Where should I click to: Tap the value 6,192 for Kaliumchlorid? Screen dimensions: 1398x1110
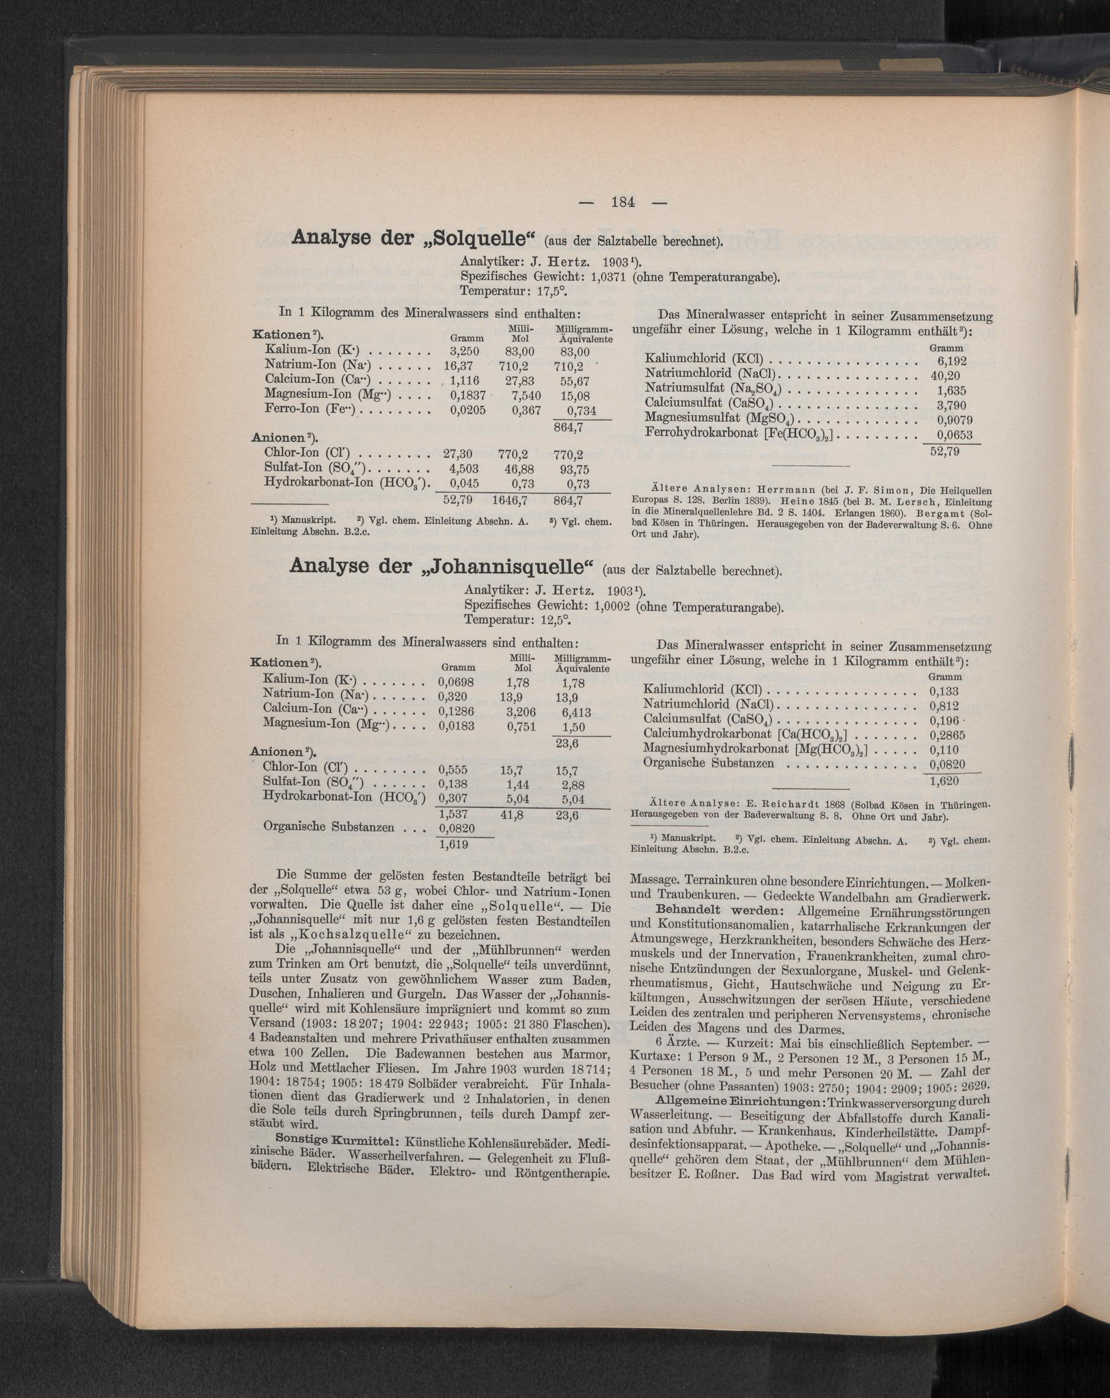[952, 361]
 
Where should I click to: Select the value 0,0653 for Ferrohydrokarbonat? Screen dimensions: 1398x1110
[951, 435]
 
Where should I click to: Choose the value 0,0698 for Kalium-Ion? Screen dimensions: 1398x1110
[456, 682]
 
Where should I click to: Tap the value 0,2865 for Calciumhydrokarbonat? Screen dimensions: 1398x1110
[947, 735]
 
